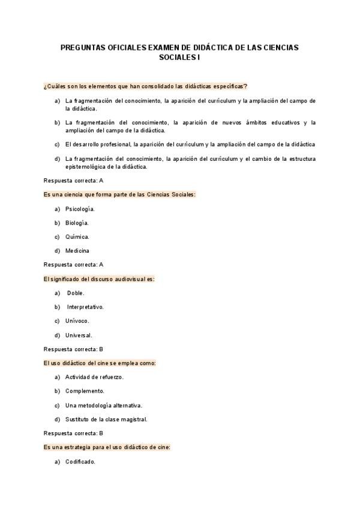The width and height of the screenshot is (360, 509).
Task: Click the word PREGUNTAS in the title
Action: (82, 47)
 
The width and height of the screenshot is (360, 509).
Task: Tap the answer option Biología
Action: (77, 223)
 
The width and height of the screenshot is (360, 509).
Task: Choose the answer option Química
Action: (77, 236)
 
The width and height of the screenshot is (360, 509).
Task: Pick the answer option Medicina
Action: (77, 250)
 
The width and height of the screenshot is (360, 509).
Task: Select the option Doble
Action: (76, 293)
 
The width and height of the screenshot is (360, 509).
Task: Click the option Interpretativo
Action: (85, 307)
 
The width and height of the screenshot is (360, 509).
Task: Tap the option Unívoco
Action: (77, 321)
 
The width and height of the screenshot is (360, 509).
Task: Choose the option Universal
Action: (79, 335)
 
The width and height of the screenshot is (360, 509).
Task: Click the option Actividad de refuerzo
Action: (94, 377)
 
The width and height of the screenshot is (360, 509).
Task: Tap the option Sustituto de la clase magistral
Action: (106, 419)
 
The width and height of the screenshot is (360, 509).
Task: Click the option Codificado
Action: (80, 462)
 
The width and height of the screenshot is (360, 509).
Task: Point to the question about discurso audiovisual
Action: (99, 279)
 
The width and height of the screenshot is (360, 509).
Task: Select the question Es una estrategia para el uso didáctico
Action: (107, 447)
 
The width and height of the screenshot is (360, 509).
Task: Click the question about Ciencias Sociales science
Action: (119, 194)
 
